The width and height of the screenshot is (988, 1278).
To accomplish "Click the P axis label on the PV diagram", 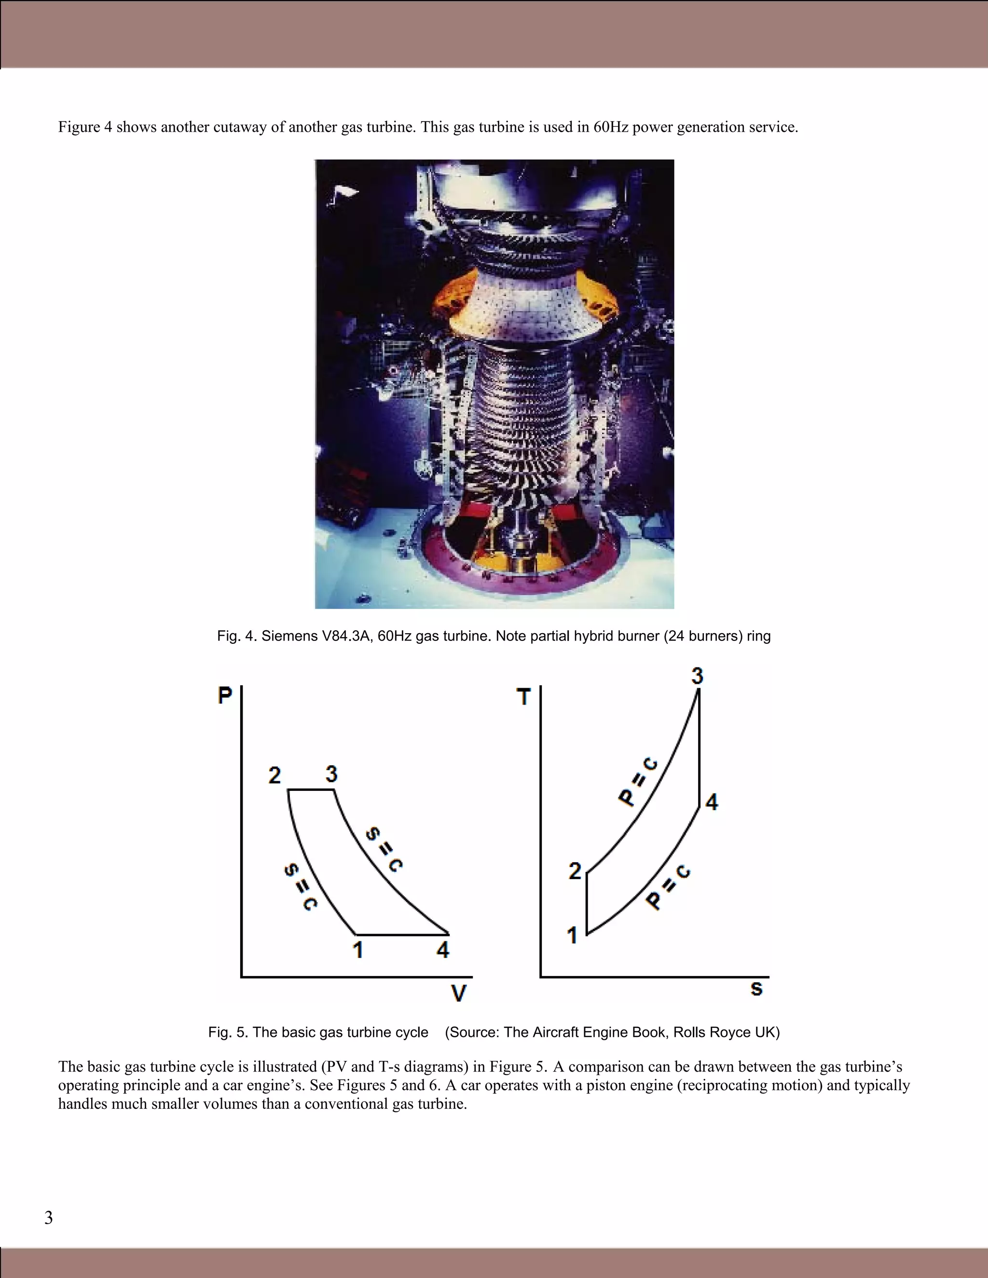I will tap(225, 694).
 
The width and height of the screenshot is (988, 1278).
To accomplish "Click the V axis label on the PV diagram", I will tap(459, 993).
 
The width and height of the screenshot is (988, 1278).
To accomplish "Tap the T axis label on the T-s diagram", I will tap(523, 696).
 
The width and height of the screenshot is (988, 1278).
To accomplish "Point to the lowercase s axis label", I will tap(756, 988).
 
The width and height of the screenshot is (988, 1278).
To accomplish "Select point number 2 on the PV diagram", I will tap(274, 775).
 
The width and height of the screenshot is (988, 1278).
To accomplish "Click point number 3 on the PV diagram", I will tap(331, 774).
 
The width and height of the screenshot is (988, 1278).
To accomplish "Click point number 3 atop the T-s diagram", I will tap(697, 676).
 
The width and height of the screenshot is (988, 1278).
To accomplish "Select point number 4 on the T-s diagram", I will tap(711, 801).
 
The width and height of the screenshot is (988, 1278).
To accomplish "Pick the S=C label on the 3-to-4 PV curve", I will tap(384, 850).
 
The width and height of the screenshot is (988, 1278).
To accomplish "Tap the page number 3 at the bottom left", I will tap(49, 1217).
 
